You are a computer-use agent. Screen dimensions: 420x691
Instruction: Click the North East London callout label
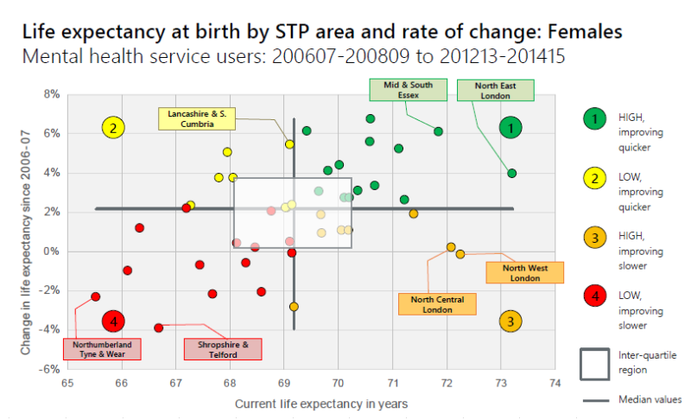495,90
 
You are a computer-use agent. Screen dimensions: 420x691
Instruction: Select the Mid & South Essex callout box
408,90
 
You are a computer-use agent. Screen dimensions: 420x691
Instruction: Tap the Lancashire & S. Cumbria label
199,118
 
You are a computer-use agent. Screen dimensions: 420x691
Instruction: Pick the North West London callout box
525,272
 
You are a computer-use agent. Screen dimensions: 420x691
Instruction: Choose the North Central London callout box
437,304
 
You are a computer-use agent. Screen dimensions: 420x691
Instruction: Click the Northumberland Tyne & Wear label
103,348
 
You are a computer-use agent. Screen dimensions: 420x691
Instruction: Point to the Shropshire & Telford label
223,348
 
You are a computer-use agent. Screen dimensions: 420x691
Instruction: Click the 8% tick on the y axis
51,94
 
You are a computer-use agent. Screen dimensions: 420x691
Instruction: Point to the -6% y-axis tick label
49,369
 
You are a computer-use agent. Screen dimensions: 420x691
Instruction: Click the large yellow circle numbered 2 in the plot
113,128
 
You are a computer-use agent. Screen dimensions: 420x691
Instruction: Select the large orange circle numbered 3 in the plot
510,321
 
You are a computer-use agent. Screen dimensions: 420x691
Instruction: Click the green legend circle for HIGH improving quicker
594,118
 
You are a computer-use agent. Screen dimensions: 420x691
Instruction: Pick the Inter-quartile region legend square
594,364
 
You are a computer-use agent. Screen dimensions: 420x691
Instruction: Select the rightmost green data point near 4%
511,173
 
